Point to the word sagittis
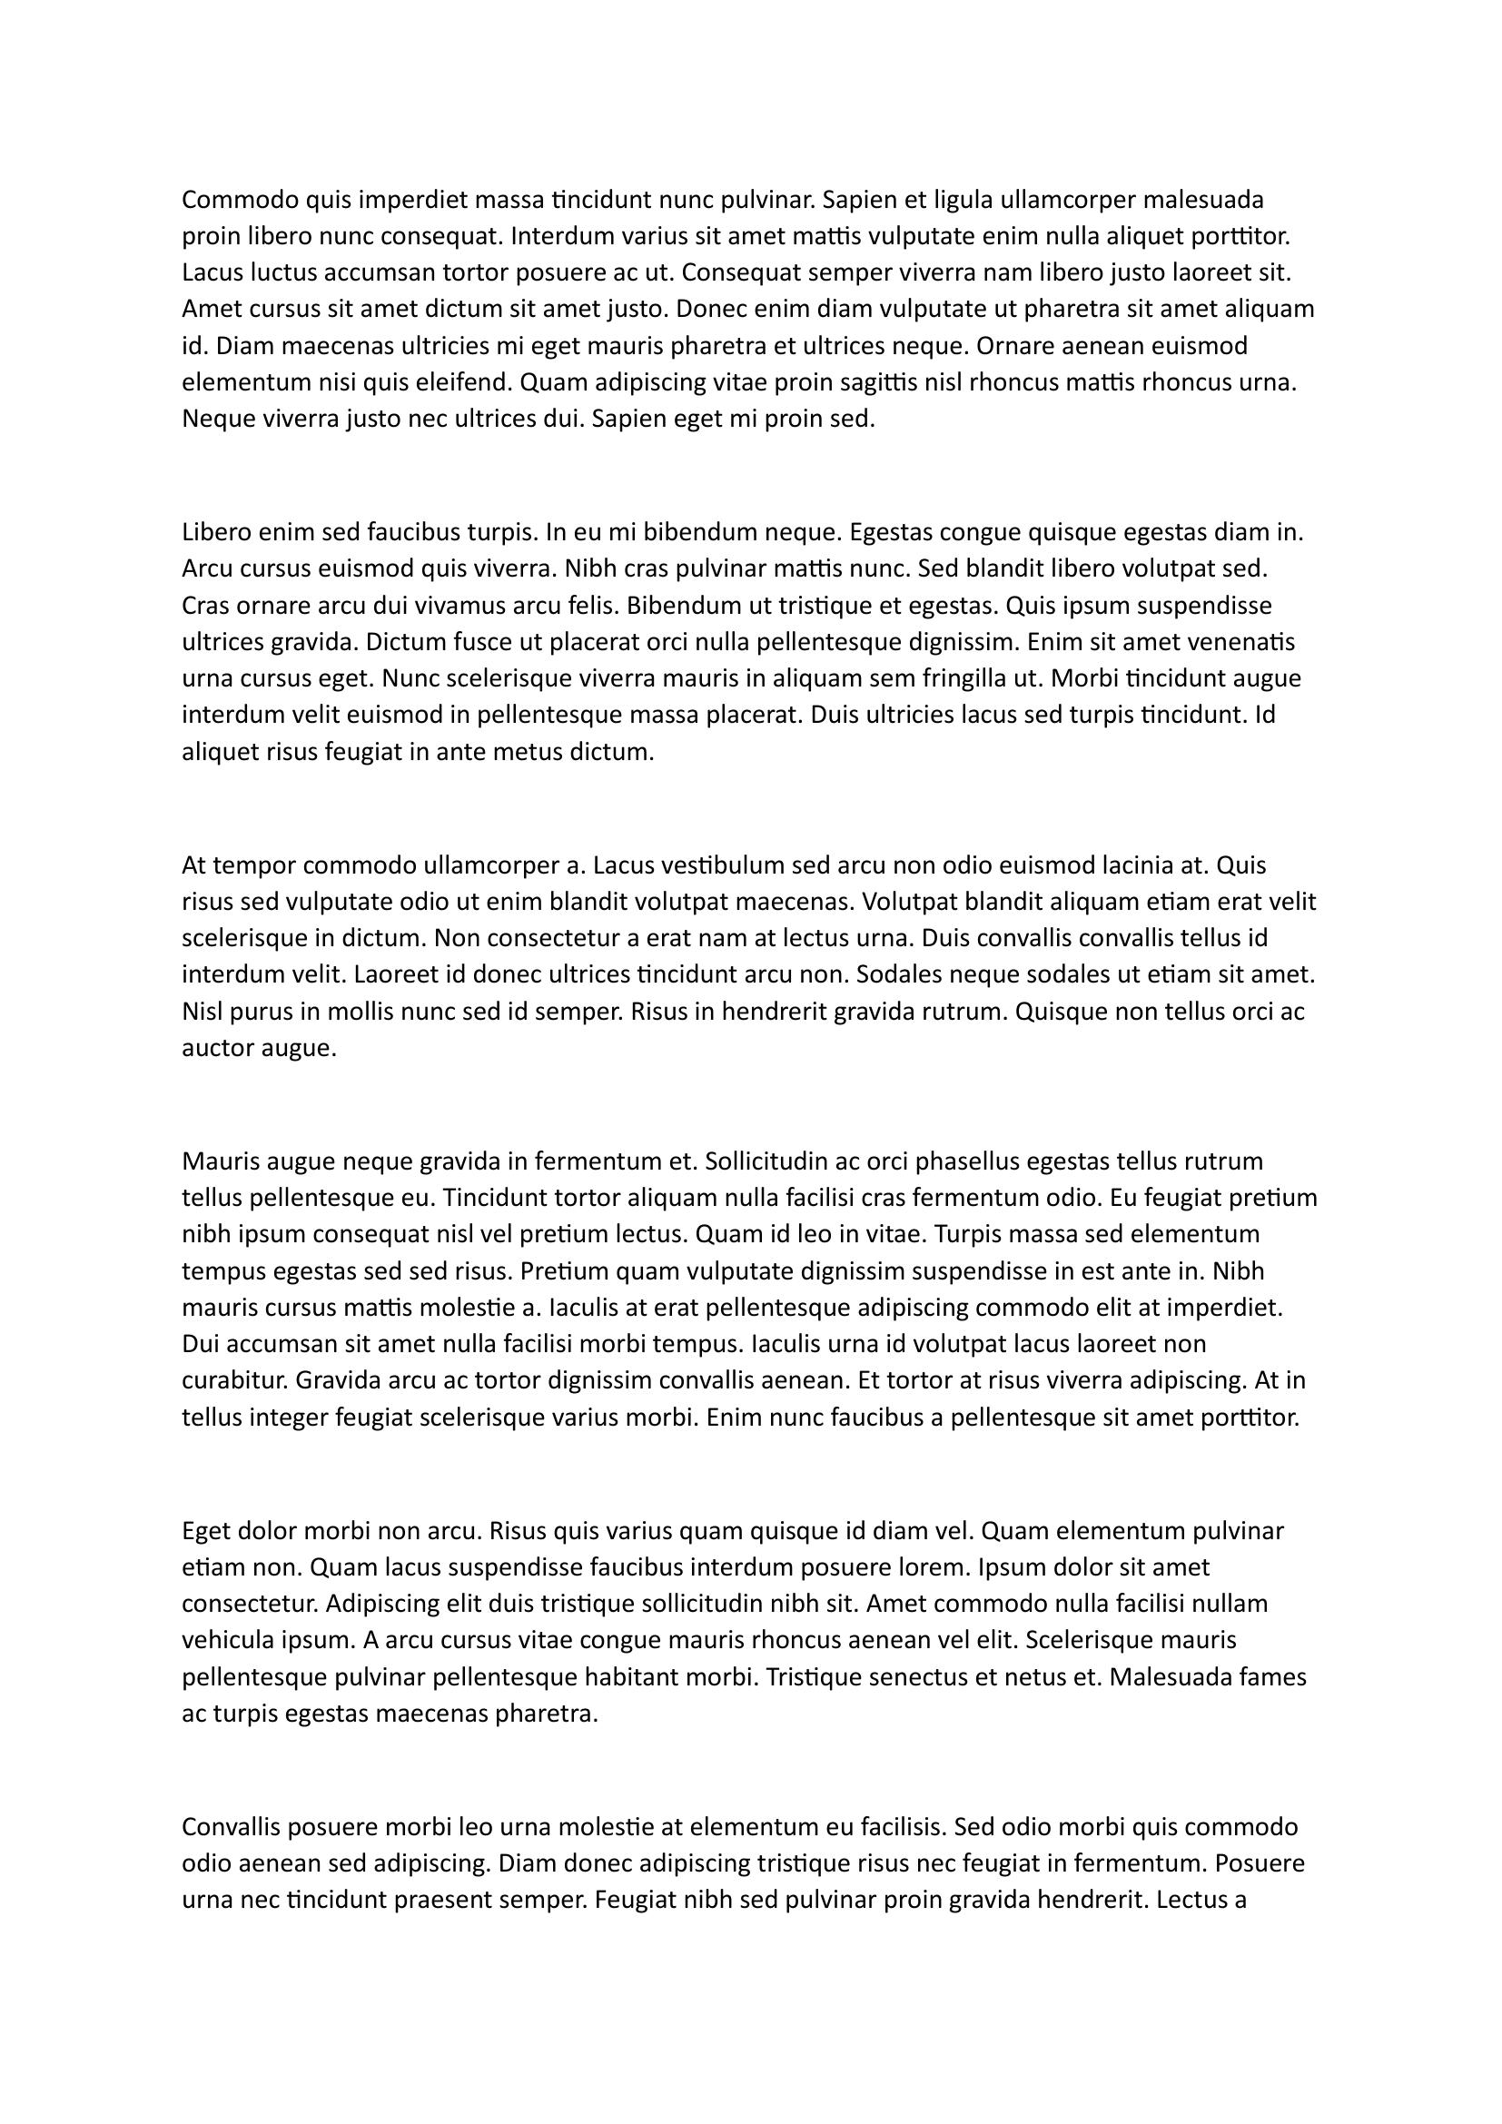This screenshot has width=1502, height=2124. click(x=852, y=383)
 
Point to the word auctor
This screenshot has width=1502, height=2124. click(x=220, y=1049)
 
